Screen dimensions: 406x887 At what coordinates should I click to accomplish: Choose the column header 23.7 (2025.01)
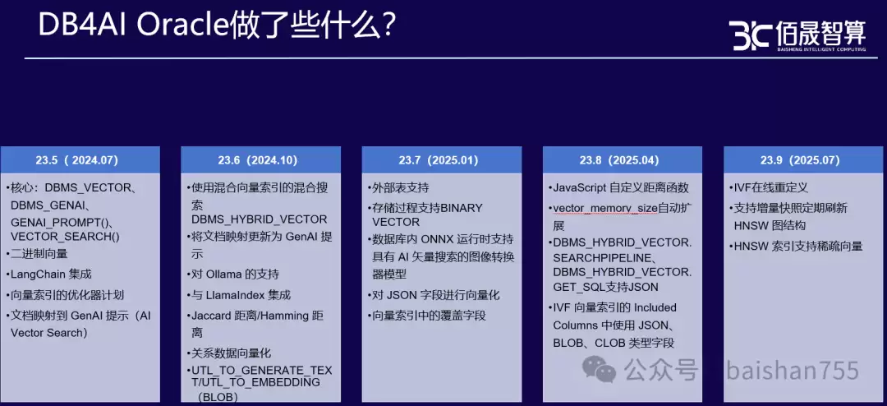pos(442,160)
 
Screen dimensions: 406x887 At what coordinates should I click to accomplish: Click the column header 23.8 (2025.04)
pos(623,160)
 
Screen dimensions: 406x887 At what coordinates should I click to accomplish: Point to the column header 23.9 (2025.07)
pos(802,160)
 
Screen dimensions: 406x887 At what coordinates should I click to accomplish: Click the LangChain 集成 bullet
pos(51,274)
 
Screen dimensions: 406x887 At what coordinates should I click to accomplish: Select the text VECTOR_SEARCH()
pos(65,236)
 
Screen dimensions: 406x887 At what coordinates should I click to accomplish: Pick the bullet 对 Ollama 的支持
pos(235,274)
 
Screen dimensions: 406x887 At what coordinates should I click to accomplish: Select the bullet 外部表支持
pos(400,187)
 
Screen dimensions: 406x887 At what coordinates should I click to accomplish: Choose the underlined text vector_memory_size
pos(604,208)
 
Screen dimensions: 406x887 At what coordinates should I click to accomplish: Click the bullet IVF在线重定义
pos(773,187)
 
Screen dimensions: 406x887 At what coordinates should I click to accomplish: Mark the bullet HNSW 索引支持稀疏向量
pos(798,246)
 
